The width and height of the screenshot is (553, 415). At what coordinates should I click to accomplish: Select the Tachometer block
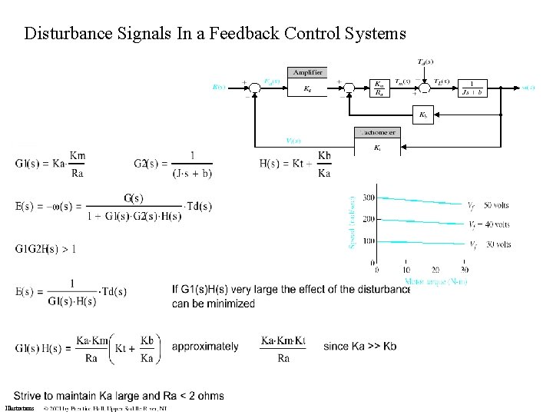tap(376, 142)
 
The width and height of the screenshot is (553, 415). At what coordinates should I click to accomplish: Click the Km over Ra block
tap(379, 88)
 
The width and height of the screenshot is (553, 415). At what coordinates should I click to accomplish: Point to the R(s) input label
tap(219, 87)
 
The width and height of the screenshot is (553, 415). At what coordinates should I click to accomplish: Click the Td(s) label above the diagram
tap(423, 61)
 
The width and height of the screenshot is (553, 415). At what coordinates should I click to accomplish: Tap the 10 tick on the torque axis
tap(406, 270)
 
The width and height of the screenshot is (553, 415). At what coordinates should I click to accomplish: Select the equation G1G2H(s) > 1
tap(45, 248)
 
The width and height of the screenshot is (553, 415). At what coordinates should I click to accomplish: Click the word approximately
tap(205, 347)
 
